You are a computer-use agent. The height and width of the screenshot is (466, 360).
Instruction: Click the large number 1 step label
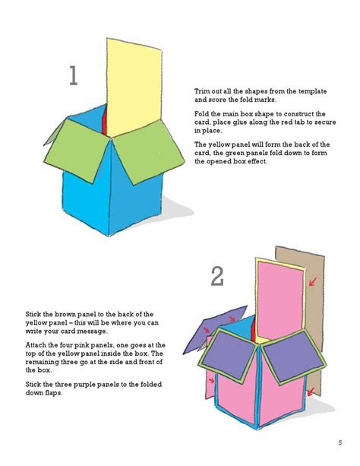(x=73, y=76)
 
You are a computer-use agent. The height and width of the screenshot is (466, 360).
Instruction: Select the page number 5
(x=339, y=443)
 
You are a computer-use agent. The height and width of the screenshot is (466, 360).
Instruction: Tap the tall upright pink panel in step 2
(x=278, y=296)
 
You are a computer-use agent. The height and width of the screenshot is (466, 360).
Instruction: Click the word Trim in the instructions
(x=203, y=91)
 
